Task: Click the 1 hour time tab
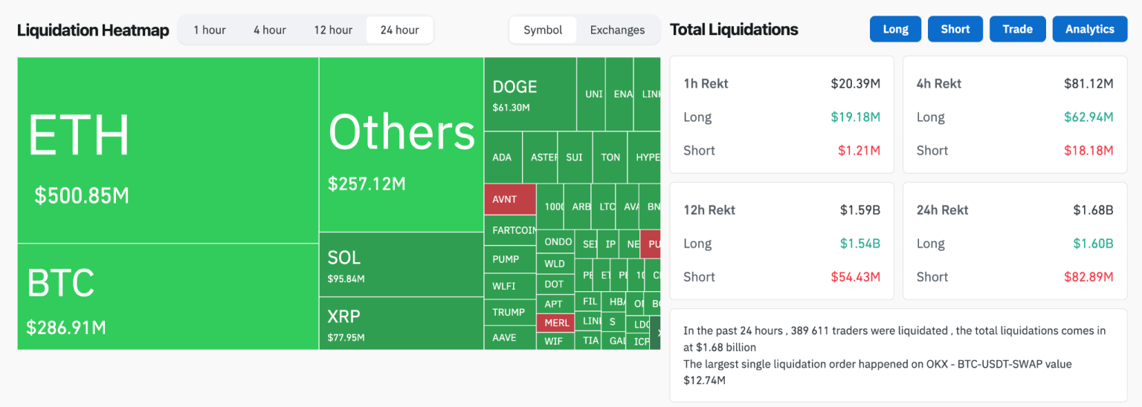(x=210, y=30)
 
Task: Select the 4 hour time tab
(x=269, y=30)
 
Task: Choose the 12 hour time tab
(x=333, y=30)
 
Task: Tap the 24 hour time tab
(x=399, y=30)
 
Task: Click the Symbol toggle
(x=543, y=30)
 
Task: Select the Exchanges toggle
(x=617, y=30)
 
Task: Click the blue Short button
(x=955, y=29)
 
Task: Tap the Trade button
(x=1017, y=29)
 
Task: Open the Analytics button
(x=1089, y=29)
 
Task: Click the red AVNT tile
(x=509, y=200)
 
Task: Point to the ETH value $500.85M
(x=82, y=196)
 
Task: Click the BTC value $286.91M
(x=66, y=328)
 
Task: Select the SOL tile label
(x=344, y=258)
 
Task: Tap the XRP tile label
(x=344, y=316)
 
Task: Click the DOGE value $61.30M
(x=511, y=108)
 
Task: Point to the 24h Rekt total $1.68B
(x=1093, y=210)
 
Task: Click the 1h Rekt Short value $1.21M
(x=859, y=151)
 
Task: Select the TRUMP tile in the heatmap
(x=509, y=313)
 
